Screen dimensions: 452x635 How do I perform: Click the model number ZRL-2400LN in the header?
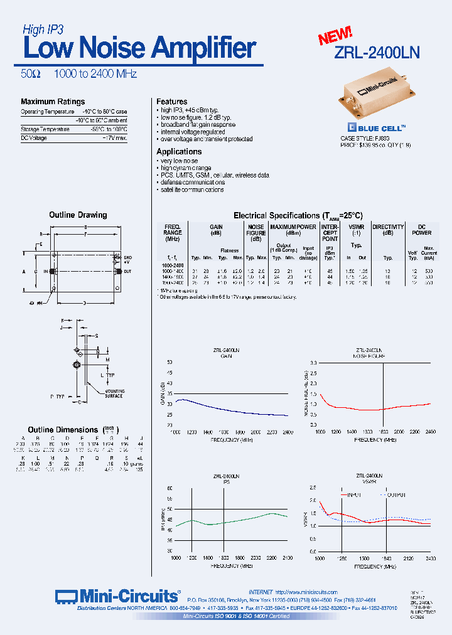pos(376,53)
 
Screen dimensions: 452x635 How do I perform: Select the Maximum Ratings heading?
pos(53,102)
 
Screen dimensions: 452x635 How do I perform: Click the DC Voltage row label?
pos(34,138)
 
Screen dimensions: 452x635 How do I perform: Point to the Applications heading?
pos(179,152)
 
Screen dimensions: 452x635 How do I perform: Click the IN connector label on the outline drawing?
pos(45,271)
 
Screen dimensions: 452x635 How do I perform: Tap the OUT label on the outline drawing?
pos(127,271)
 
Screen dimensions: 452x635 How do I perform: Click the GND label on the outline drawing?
pos(127,258)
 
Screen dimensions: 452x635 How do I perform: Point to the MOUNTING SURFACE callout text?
pos(114,393)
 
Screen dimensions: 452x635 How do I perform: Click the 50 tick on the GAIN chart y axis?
pos(169,363)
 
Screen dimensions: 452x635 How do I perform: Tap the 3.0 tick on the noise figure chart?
pos(312,363)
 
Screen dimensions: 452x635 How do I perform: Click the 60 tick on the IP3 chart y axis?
pos(169,488)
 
